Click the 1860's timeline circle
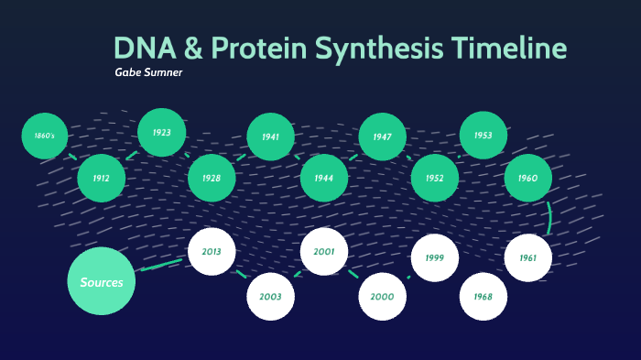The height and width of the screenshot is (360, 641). [x=45, y=136]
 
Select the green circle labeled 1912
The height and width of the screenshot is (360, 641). [x=101, y=179]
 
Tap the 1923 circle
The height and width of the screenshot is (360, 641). [x=162, y=133]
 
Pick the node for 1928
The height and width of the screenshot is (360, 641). [x=212, y=179]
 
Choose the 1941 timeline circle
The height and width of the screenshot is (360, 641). [x=270, y=137]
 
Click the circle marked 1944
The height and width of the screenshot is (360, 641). [x=323, y=179]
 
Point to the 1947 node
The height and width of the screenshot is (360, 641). [x=382, y=136]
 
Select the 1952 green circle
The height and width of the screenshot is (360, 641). [x=435, y=179]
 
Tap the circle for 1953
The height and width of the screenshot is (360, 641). [x=483, y=136]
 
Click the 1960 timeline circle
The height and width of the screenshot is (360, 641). [x=527, y=179]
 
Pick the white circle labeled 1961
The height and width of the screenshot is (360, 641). [x=527, y=258]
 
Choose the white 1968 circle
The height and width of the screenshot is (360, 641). [x=483, y=297]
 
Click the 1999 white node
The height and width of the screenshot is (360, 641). [x=434, y=258]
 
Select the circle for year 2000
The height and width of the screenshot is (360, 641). [x=382, y=297]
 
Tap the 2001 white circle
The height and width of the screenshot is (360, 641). [x=324, y=252]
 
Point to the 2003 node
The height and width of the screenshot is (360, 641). [x=270, y=297]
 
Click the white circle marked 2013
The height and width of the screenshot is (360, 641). [x=212, y=251]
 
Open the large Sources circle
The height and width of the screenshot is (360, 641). [x=102, y=282]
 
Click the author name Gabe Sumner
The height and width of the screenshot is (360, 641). [x=148, y=72]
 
